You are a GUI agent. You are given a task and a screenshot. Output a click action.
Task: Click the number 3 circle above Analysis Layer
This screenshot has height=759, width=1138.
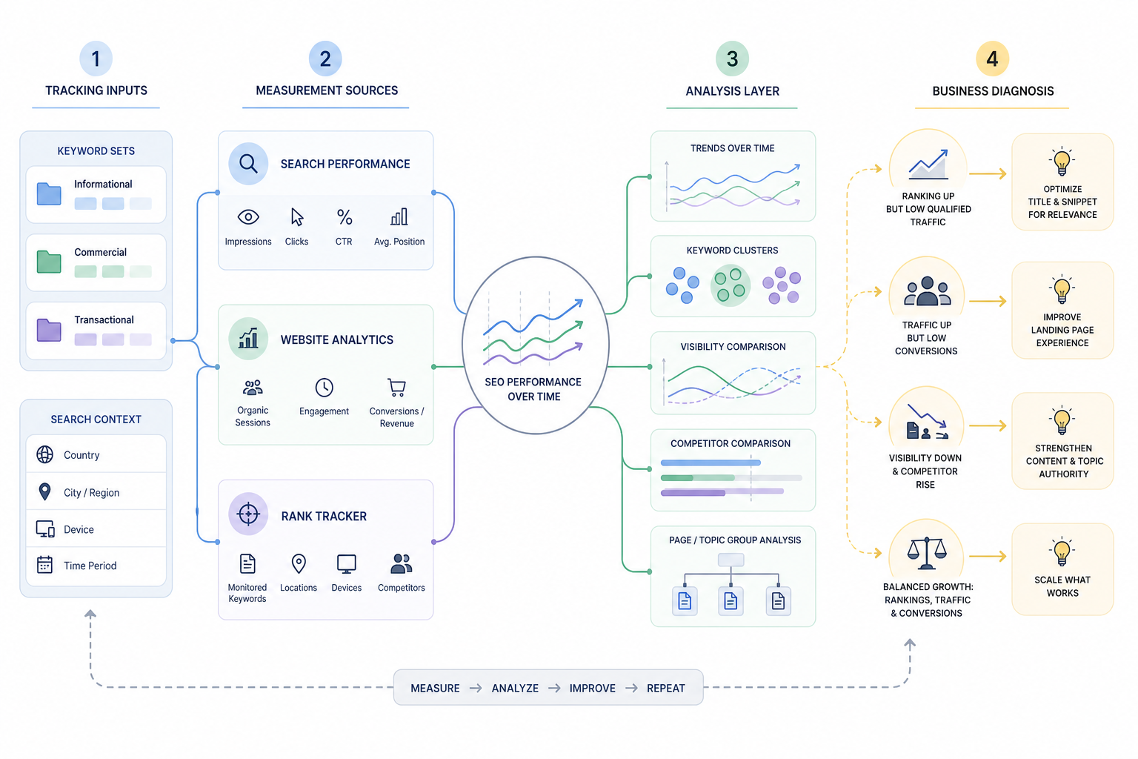[731, 59]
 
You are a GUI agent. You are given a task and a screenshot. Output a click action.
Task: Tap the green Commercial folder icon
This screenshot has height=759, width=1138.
[49, 262]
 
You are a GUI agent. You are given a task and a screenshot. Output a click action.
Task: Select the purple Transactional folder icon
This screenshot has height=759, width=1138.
[49, 330]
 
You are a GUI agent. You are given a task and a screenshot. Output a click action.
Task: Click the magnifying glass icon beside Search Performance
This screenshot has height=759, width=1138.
[248, 163]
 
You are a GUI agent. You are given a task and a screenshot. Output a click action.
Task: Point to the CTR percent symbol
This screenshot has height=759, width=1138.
[345, 217]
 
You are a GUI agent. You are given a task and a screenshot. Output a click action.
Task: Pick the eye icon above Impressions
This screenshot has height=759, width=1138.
[248, 217]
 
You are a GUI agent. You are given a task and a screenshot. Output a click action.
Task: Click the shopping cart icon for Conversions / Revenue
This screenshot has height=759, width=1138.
[397, 388]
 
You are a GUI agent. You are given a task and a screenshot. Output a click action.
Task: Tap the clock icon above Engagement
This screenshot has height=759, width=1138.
[324, 388]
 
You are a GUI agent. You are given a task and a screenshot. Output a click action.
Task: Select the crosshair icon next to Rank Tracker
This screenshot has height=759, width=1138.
[248, 514]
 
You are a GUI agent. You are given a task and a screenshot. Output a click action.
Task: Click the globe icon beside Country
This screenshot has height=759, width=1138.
[44, 454]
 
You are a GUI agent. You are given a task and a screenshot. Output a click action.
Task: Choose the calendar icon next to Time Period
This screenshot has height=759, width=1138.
[44, 565]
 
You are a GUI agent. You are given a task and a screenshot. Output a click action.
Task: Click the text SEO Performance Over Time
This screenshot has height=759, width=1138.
[533, 389]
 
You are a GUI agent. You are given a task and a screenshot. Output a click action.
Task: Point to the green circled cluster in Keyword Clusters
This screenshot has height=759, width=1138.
[730, 285]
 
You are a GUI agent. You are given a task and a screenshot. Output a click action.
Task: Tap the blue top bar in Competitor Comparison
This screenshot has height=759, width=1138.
[711, 463]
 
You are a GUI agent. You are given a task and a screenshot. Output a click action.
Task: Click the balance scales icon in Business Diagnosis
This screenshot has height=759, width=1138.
[927, 553]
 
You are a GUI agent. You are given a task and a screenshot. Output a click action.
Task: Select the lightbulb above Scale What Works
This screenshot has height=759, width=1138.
[1062, 551]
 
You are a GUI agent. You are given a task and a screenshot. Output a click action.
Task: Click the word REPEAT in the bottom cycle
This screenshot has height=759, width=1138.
[665, 689]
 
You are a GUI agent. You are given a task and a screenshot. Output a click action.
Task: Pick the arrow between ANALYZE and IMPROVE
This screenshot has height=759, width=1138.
[554, 689]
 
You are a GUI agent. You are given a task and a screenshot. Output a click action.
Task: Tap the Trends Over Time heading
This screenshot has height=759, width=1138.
[732, 148]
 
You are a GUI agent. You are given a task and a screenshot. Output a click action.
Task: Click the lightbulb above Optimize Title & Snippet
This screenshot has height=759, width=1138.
[1062, 161]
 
